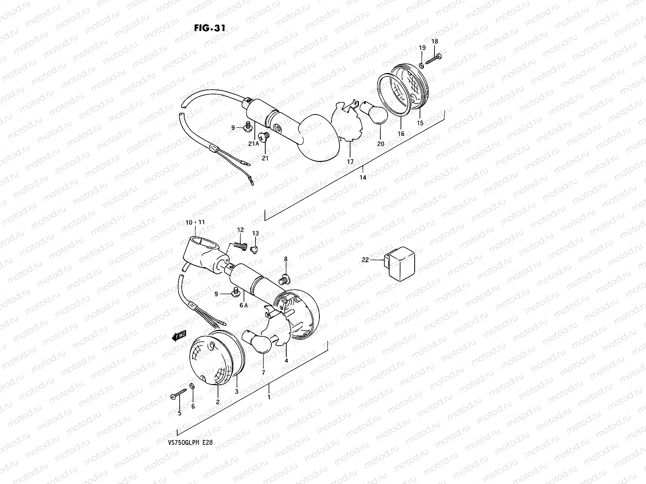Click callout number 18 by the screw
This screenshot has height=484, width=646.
coord(435,41)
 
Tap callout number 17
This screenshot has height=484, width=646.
coord(350,162)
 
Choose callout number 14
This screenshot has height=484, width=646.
coord(363,177)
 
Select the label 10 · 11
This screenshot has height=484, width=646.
coord(195,222)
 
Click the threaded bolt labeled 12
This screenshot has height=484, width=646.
coord(241,245)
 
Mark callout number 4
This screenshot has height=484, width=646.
coord(286,360)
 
